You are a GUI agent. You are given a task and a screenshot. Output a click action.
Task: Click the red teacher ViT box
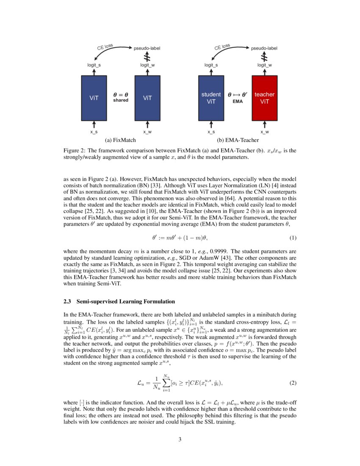click(x=264, y=98)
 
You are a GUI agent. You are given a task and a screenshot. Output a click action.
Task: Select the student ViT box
click(x=211, y=98)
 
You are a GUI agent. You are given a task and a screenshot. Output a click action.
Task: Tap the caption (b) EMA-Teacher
click(x=238, y=139)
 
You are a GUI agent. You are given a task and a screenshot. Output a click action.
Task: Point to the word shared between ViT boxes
click(x=121, y=100)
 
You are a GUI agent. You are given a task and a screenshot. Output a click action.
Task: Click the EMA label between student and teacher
click(x=238, y=102)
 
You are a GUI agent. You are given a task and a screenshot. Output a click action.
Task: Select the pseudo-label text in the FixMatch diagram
click(x=147, y=48)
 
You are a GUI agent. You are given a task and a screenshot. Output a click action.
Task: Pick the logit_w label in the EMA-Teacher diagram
click(x=264, y=65)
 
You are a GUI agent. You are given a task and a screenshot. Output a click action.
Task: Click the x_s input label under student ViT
click(x=211, y=132)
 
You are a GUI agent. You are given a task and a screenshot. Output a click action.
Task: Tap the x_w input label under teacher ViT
click(x=264, y=132)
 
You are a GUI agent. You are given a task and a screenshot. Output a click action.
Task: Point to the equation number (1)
click(x=293, y=238)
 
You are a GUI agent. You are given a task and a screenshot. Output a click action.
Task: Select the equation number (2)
click(x=293, y=383)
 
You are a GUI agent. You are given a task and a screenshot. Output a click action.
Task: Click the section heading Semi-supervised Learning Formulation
click(x=126, y=302)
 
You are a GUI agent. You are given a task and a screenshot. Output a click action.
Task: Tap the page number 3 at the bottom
click(x=180, y=439)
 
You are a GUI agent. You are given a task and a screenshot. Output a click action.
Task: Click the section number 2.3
click(x=67, y=302)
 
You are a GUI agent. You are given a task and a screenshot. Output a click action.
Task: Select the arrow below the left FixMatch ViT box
click(x=94, y=124)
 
